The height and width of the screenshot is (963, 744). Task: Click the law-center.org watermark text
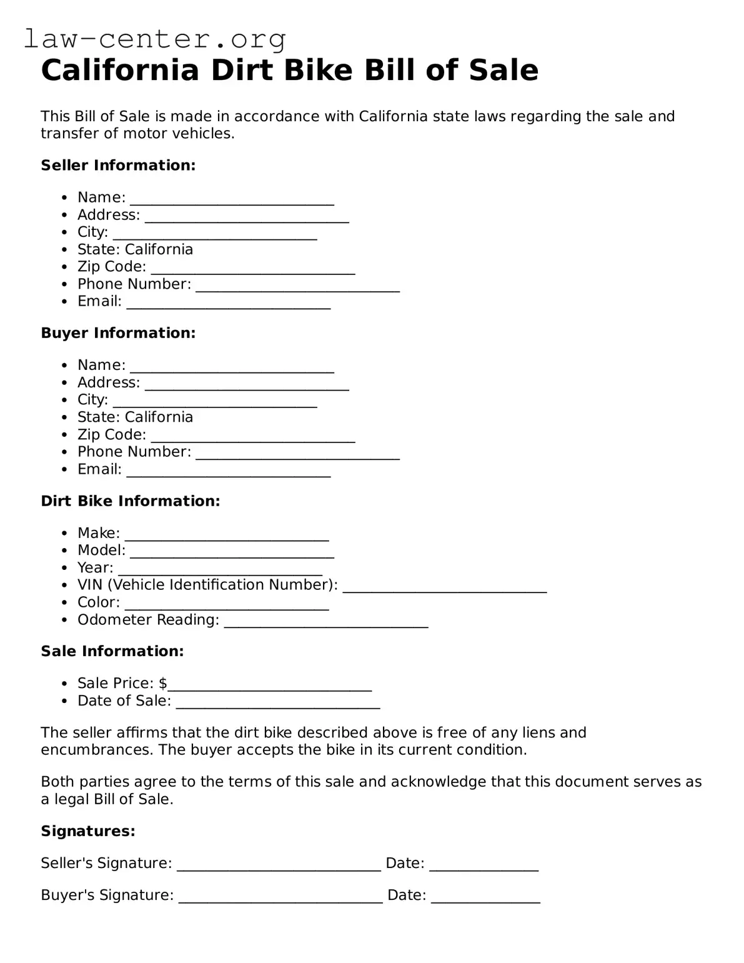tap(154, 39)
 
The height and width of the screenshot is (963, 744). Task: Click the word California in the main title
tap(119, 70)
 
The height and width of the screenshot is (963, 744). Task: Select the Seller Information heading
tap(118, 166)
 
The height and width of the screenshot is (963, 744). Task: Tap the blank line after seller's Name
tap(232, 201)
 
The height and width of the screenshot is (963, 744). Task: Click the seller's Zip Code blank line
tap(253, 271)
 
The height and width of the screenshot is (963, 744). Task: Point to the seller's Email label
tap(99, 301)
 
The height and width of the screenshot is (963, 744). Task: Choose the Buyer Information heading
tap(118, 333)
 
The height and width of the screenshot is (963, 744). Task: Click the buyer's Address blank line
tap(247, 386)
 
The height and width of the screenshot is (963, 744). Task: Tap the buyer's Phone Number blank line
tap(297, 456)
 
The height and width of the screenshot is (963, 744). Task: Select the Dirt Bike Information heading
tap(130, 501)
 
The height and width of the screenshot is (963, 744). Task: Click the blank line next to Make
tap(227, 537)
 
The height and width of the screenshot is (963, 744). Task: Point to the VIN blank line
tap(444, 589)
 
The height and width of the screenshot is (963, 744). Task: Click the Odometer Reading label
tap(148, 620)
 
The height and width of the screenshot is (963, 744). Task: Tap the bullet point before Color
tap(64, 603)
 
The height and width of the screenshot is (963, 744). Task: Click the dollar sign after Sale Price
tap(162, 683)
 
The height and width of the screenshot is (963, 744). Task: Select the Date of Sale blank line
tap(278, 705)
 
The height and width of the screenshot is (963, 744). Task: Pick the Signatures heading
tap(88, 831)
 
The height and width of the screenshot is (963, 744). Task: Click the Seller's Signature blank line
tap(279, 867)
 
